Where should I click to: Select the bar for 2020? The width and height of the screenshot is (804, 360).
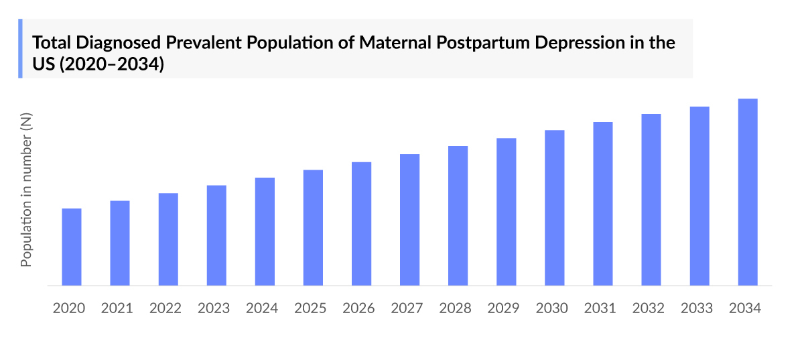72,247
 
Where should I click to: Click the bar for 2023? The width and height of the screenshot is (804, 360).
216,235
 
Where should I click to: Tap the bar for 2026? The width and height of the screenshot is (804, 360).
361,224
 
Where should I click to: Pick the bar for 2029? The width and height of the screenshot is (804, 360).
506,212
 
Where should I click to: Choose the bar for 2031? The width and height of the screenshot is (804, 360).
602,204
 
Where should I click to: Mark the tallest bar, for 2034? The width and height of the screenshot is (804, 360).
747,192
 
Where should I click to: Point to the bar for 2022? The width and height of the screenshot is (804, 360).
168,239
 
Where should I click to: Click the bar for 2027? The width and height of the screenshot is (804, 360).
409,220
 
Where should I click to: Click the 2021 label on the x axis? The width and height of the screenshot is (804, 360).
117,308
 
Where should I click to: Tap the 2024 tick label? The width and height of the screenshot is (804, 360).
262,308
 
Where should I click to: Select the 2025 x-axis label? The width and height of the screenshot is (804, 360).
310,308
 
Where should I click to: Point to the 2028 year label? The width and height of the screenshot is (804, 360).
455,308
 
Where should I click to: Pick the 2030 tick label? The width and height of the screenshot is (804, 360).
551,308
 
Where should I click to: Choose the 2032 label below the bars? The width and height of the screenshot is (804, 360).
648,308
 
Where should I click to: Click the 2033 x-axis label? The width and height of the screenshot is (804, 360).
696,308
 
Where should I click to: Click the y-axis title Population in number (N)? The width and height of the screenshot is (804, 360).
26,190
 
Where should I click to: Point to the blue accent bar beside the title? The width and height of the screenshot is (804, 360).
20,48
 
